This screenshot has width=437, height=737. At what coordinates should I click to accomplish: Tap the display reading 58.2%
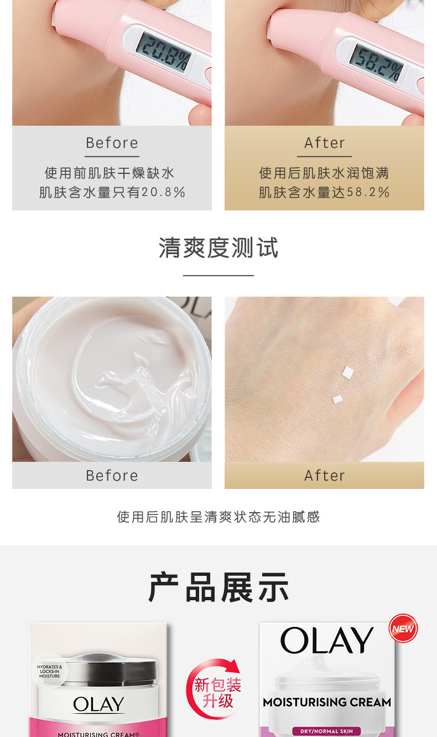click(x=377, y=64)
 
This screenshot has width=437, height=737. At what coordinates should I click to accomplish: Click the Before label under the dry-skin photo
click(x=112, y=143)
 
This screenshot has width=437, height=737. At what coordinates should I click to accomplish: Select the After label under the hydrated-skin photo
click(x=325, y=143)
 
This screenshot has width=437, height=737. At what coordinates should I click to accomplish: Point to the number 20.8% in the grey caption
click(x=164, y=192)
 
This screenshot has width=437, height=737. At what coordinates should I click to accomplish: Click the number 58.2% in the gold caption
click(x=368, y=192)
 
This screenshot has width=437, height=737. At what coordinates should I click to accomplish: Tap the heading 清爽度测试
click(x=218, y=248)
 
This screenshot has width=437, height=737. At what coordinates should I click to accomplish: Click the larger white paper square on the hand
click(x=348, y=373)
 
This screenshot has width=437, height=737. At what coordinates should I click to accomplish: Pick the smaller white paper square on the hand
click(x=338, y=399)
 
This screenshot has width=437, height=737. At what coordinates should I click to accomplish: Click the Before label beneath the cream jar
click(x=112, y=476)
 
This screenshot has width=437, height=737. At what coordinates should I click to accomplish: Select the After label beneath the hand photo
click(x=325, y=476)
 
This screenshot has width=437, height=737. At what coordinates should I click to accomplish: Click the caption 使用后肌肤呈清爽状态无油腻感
click(x=218, y=517)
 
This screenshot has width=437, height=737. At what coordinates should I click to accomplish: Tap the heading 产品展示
click(x=218, y=587)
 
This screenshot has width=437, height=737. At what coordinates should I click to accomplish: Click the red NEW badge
click(x=403, y=628)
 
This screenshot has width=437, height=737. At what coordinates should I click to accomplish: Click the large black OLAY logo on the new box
click(x=327, y=640)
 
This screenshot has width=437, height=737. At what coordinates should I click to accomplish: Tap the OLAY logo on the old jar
click(x=98, y=704)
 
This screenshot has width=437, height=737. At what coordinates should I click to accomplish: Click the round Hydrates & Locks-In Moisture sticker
click(x=50, y=671)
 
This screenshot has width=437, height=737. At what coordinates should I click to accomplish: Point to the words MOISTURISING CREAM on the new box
click(x=327, y=702)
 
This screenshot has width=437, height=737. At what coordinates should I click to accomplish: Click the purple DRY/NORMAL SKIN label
click(x=326, y=731)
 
